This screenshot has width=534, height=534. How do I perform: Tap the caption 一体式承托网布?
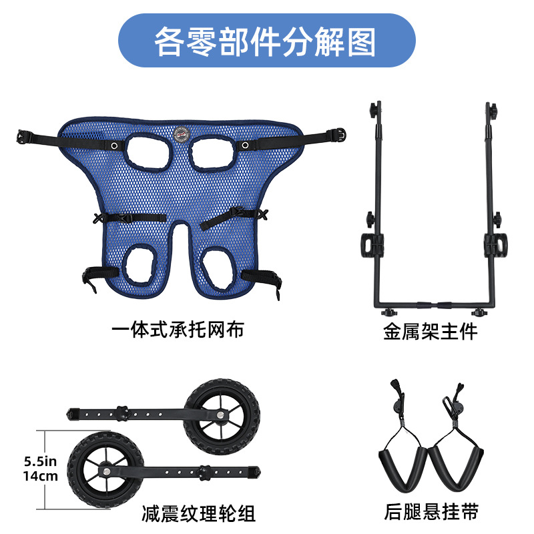[178, 330]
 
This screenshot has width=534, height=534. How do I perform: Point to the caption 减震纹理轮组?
[199, 513]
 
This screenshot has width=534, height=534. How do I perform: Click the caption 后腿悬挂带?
[431, 512]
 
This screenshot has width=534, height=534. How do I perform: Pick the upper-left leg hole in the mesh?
[149, 151]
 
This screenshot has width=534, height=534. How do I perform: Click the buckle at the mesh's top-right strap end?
[340, 134]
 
